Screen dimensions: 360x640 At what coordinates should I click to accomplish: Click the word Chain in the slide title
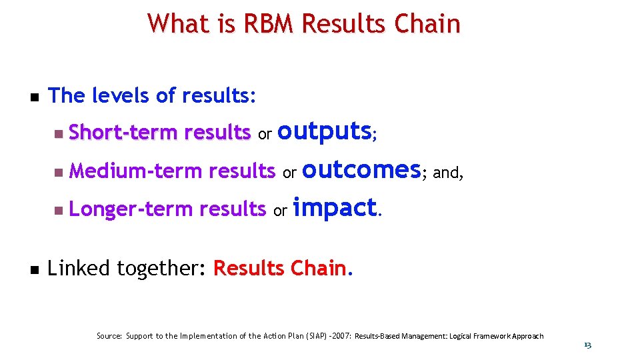[x=429, y=24]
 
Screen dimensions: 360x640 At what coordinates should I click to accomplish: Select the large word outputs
[x=324, y=131]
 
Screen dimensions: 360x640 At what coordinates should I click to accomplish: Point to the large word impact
[x=335, y=208]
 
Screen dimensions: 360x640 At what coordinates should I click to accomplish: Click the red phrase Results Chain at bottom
[x=279, y=269]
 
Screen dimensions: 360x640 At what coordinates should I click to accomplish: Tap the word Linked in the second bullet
[x=79, y=269]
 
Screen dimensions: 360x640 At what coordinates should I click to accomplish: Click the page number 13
[x=587, y=345]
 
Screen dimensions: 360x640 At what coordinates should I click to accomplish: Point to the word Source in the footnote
[x=109, y=336]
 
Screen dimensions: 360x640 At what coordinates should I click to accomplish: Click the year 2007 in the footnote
[x=341, y=336]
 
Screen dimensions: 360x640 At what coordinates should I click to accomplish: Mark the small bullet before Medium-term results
[x=59, y=173]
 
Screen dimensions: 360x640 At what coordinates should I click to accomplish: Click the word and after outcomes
[x=448, y=173]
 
